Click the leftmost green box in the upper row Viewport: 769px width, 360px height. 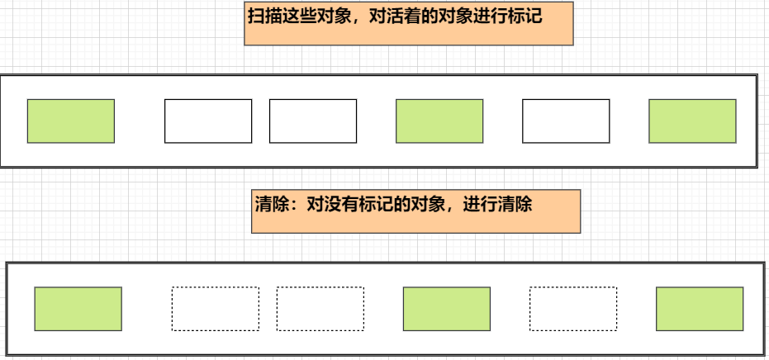point(70,121)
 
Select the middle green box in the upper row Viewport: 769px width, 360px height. point(439,121)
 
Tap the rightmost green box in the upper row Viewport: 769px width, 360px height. point(692,121)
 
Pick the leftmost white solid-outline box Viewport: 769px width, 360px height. point(208,121)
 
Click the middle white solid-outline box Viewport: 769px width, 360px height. point(313,121)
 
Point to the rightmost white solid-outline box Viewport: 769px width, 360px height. point(566,121)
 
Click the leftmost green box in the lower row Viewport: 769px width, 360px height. point(78,309)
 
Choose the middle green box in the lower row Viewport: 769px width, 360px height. point(446,309)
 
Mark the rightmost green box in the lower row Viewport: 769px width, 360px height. point(700,309)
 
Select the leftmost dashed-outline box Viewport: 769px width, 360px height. point(215,309)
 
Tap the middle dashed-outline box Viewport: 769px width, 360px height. point(320,309)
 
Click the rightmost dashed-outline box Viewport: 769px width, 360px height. point(573,309)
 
